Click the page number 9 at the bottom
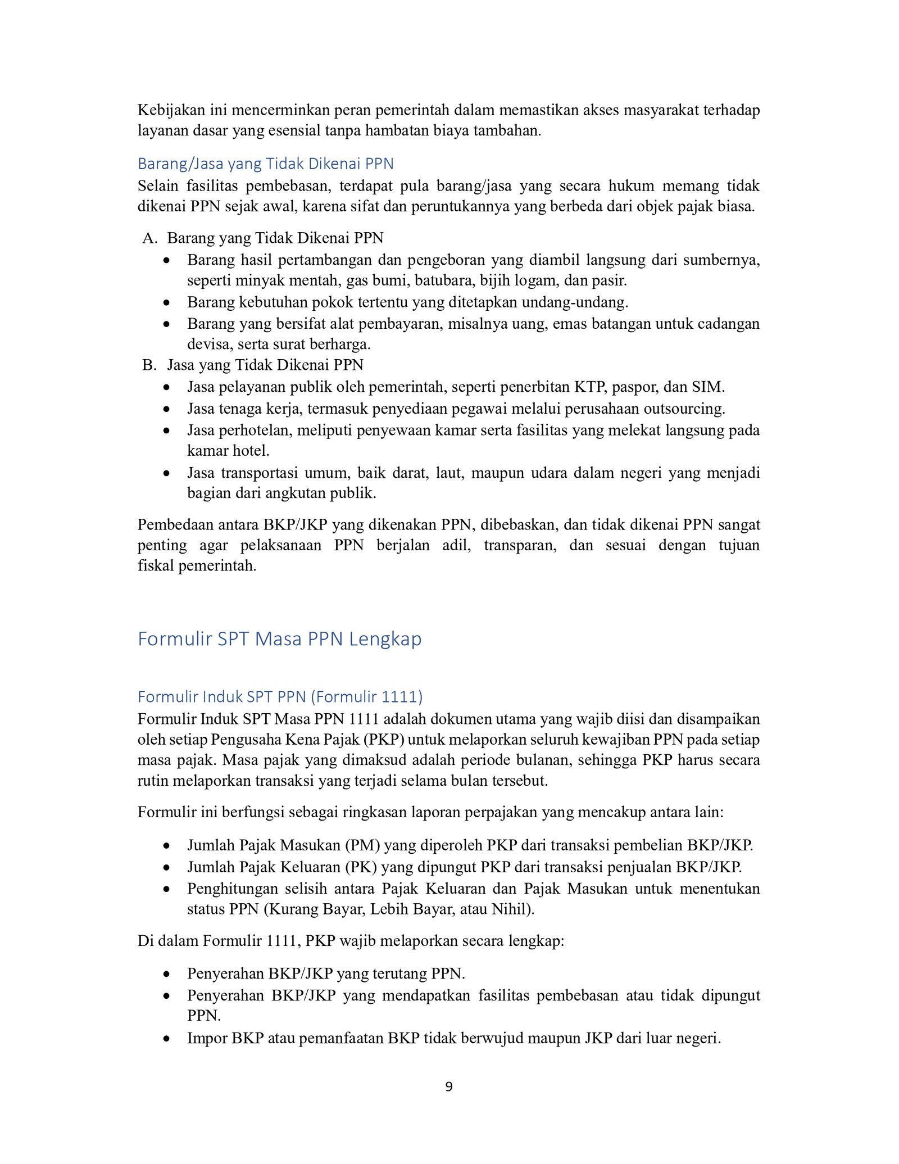coord(448,1087)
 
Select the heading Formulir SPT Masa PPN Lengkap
coord(279,639)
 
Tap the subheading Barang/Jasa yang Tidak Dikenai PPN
coord(265,164)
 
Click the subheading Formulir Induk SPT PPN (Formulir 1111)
coord(280,697)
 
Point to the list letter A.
coord(149,238)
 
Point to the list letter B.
coord(149,365)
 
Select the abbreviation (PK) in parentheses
coord(361,867)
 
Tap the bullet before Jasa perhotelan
coord(166,431)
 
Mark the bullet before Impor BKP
coord(166,1039)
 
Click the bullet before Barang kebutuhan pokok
coord(166,303)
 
